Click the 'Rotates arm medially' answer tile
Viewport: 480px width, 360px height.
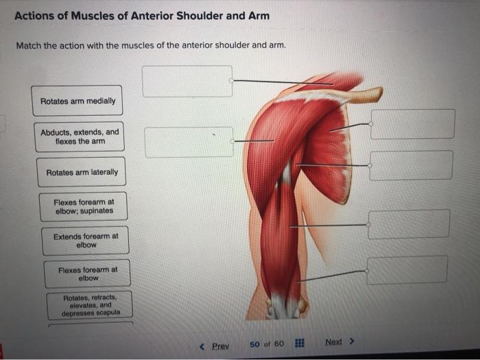[77, 101]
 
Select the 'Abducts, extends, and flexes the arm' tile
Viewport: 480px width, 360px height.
[79, 136]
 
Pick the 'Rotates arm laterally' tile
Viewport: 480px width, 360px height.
[82, 172]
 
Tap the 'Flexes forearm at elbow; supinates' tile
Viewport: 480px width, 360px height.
[84, 206]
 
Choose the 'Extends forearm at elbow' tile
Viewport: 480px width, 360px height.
[86, 240]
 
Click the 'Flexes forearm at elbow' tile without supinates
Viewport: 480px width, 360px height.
[88, 274]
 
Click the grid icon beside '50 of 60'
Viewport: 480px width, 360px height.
[299, 344]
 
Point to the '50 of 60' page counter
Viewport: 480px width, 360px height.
[266, 344]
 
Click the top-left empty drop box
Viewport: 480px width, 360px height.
[187, 81]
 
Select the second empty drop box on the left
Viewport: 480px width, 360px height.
[189, 142]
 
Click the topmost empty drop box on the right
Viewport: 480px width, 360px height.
[413, 123]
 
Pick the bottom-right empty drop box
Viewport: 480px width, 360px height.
[407, 270]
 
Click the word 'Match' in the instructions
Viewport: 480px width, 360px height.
[29, 46]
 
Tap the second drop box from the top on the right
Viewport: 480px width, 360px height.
[411, 165]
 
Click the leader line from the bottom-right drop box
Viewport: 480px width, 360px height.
[333, 275]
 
